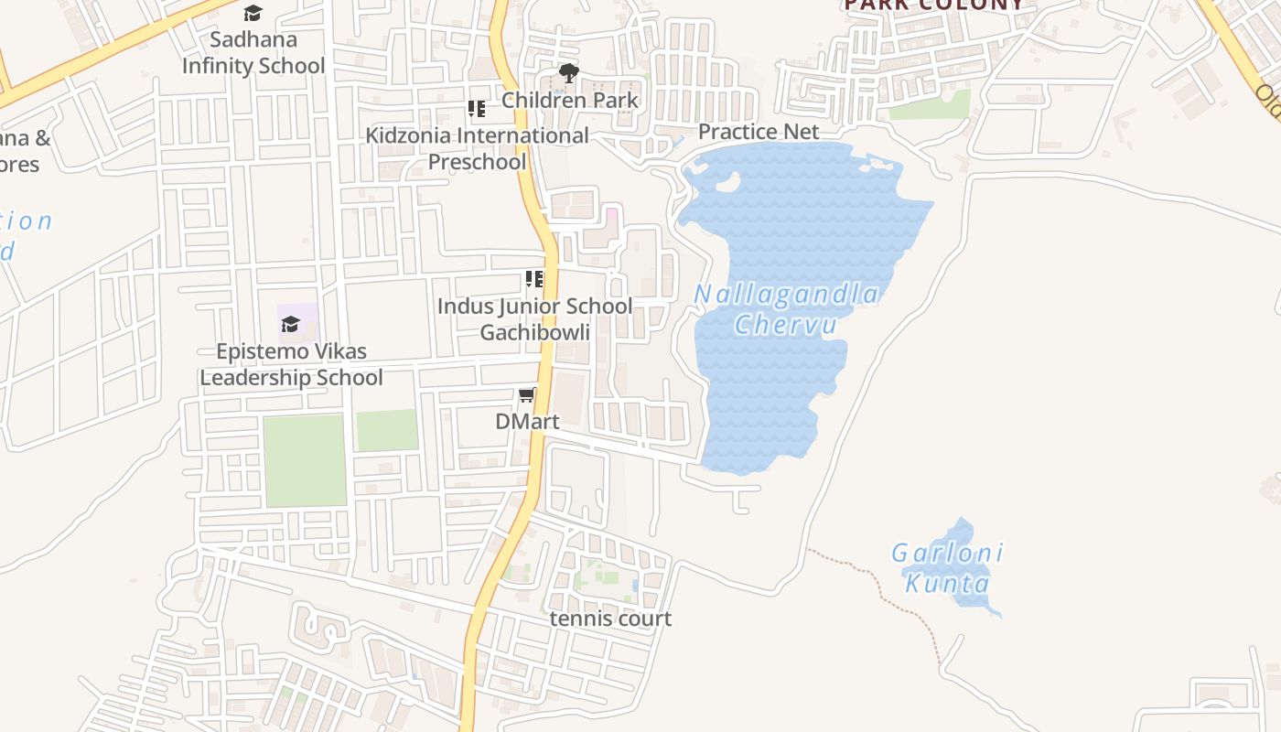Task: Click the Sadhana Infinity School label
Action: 253,52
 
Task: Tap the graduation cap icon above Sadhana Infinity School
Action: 253,13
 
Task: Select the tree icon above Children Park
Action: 569,73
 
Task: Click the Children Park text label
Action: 569,100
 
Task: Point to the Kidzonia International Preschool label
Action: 477,148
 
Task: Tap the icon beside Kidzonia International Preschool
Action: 477,109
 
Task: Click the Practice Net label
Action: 759,132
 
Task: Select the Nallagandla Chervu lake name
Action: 787,309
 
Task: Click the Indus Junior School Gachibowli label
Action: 534,318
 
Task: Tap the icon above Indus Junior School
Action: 534,279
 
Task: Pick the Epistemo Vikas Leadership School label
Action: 291,364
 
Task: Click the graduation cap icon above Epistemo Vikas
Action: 290,324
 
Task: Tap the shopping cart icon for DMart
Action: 527,395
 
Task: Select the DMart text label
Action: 527,422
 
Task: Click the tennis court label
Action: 610,619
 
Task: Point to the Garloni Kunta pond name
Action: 948,567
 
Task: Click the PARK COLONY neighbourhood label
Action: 933,5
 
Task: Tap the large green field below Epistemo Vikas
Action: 305,460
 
